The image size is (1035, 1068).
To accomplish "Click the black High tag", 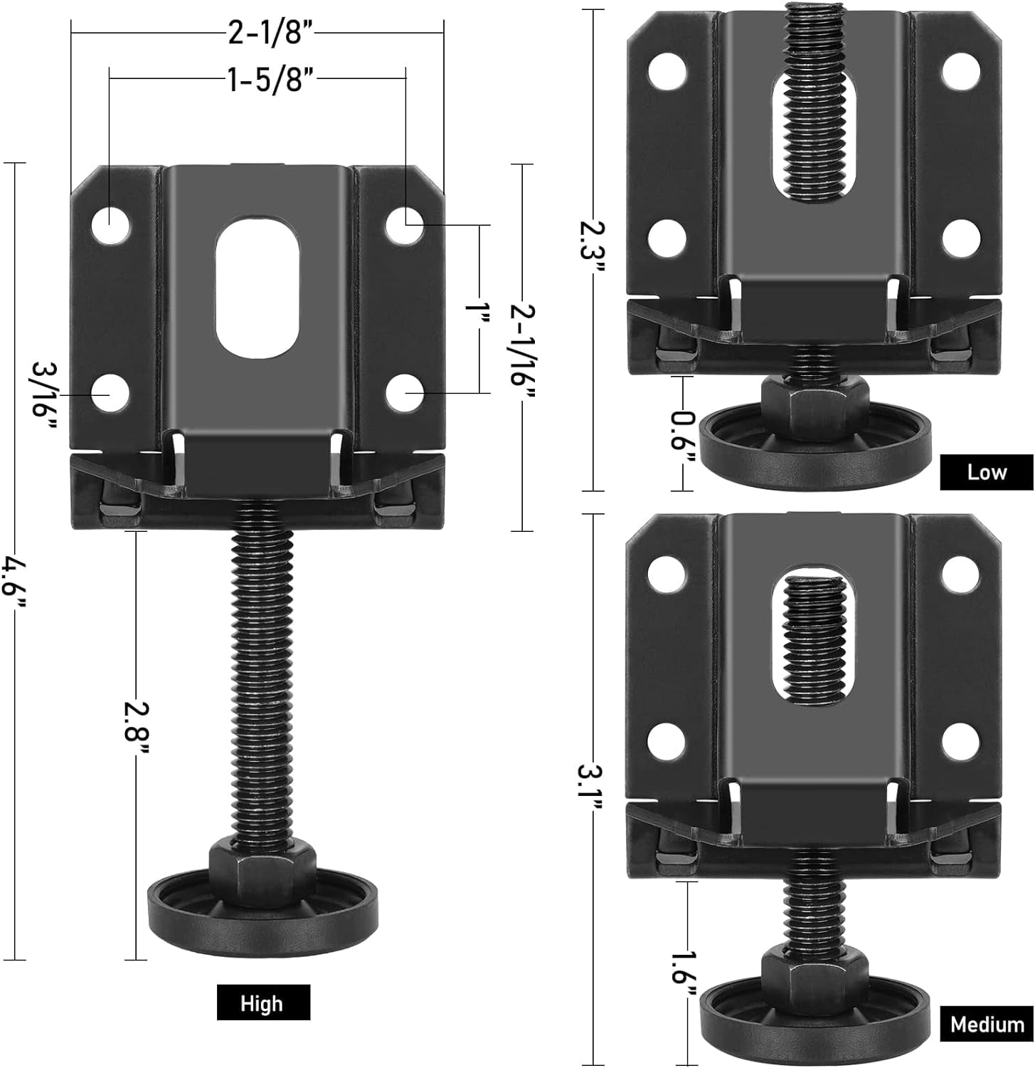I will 262,1003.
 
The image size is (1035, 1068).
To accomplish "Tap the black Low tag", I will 986,472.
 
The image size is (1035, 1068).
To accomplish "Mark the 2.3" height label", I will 593,241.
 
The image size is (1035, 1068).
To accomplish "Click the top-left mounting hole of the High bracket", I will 112,225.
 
